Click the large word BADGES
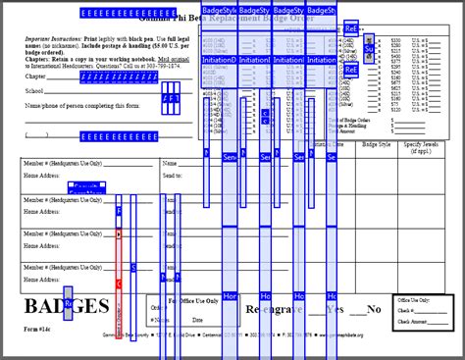(65, 306)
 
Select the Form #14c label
(39, 330)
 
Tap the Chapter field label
(35, 76)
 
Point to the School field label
(34, 90)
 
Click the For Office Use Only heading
(194, 300)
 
